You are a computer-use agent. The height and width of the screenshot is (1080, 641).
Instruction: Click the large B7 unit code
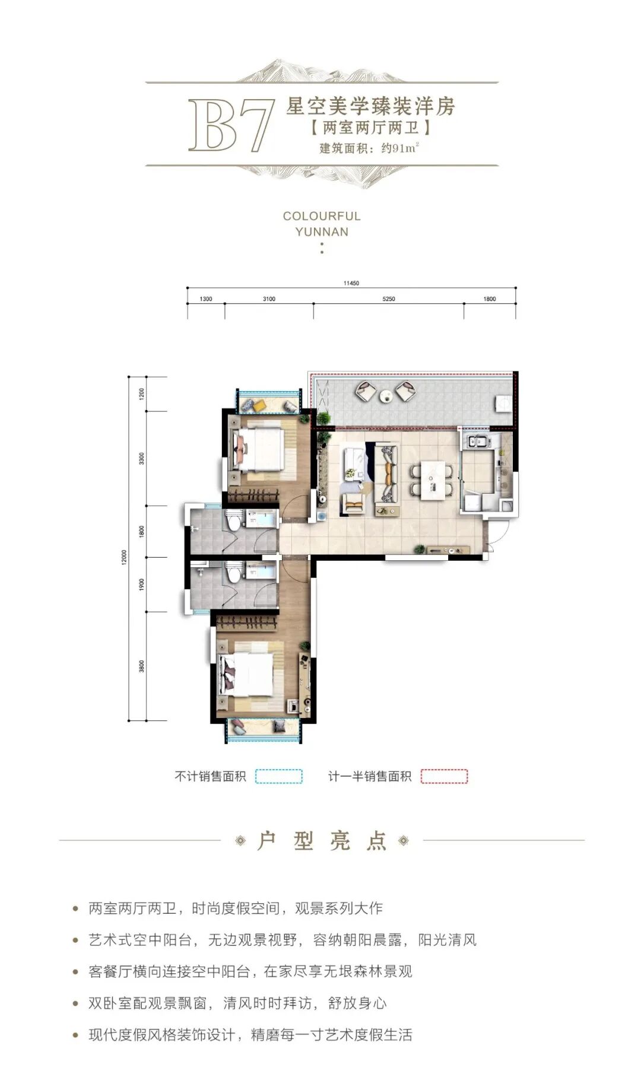click(x=231, y=126)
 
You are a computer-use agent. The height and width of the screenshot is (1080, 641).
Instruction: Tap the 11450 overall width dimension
click(x=351, y=284)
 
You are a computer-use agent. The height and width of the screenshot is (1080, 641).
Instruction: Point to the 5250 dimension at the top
click(x=389, y=299)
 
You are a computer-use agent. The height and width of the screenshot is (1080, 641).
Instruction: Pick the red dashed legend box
click(x=445, y=776)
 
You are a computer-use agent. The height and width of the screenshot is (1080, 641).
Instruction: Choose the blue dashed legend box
click(x=279, y=776)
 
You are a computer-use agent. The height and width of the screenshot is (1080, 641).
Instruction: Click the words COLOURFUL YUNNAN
click(x=322, y=224)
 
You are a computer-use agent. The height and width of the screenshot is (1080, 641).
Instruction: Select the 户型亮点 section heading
click(x=322, y=841)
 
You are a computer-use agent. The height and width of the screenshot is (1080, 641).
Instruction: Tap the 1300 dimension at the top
click(x=206, y=299)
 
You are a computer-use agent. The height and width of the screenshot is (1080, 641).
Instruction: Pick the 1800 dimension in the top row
click(x=490, y=299)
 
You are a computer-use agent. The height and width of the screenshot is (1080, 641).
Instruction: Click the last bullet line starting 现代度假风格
click(x=250, y=1035)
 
